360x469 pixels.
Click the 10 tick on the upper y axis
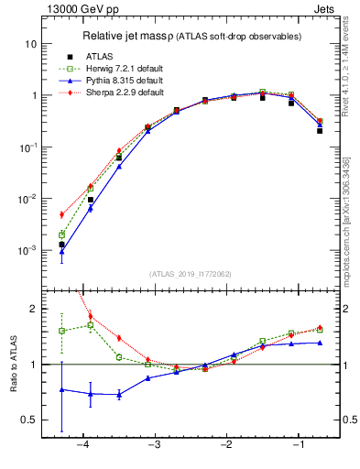(x=31, y=44)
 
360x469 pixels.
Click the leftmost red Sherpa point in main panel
(x=61, y=214)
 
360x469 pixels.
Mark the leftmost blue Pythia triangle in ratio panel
(x=61, y=389)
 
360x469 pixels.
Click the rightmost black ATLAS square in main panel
(x=320, y=131)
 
